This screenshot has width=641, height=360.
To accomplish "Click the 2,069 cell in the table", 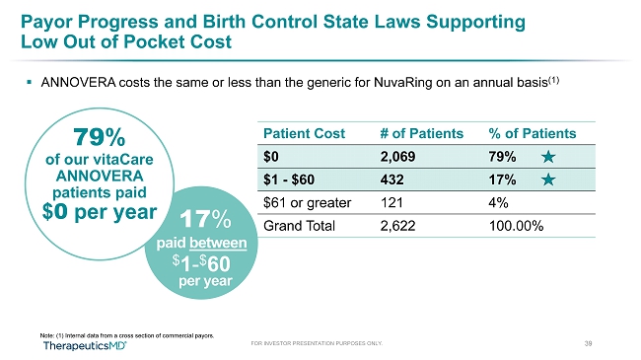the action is pos(397,157).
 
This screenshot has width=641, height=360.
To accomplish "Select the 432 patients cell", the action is pos(392,180).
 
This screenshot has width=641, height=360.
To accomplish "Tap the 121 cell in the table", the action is pos(392,202).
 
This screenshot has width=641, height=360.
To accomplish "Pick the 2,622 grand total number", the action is pos(397,226).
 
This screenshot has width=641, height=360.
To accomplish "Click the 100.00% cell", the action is pos(516,226).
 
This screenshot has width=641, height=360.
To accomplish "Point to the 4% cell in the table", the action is pos(498,202).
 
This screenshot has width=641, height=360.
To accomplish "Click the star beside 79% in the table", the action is pos(548,157).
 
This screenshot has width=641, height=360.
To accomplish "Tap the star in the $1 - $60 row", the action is pos(548,180).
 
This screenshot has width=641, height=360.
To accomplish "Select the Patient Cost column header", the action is pos(304,133).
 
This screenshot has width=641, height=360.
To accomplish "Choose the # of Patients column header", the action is pos(421,133).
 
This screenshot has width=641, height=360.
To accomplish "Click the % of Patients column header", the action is pos(533,133).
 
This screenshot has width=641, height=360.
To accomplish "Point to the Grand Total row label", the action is pos(299,226).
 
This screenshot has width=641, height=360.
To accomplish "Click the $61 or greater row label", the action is pos(308,203).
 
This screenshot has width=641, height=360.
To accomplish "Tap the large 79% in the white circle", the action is pos(100,137).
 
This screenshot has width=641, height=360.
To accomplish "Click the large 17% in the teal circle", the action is pos(205,219).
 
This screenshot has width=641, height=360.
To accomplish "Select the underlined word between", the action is pos(218,243).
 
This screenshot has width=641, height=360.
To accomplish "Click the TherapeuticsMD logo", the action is pos(85,345).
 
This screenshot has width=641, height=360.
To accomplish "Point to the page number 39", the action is pos(588,343).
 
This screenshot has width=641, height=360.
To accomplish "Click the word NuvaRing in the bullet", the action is pos(402,83).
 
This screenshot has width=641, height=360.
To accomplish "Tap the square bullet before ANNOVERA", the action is pos(29,82).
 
